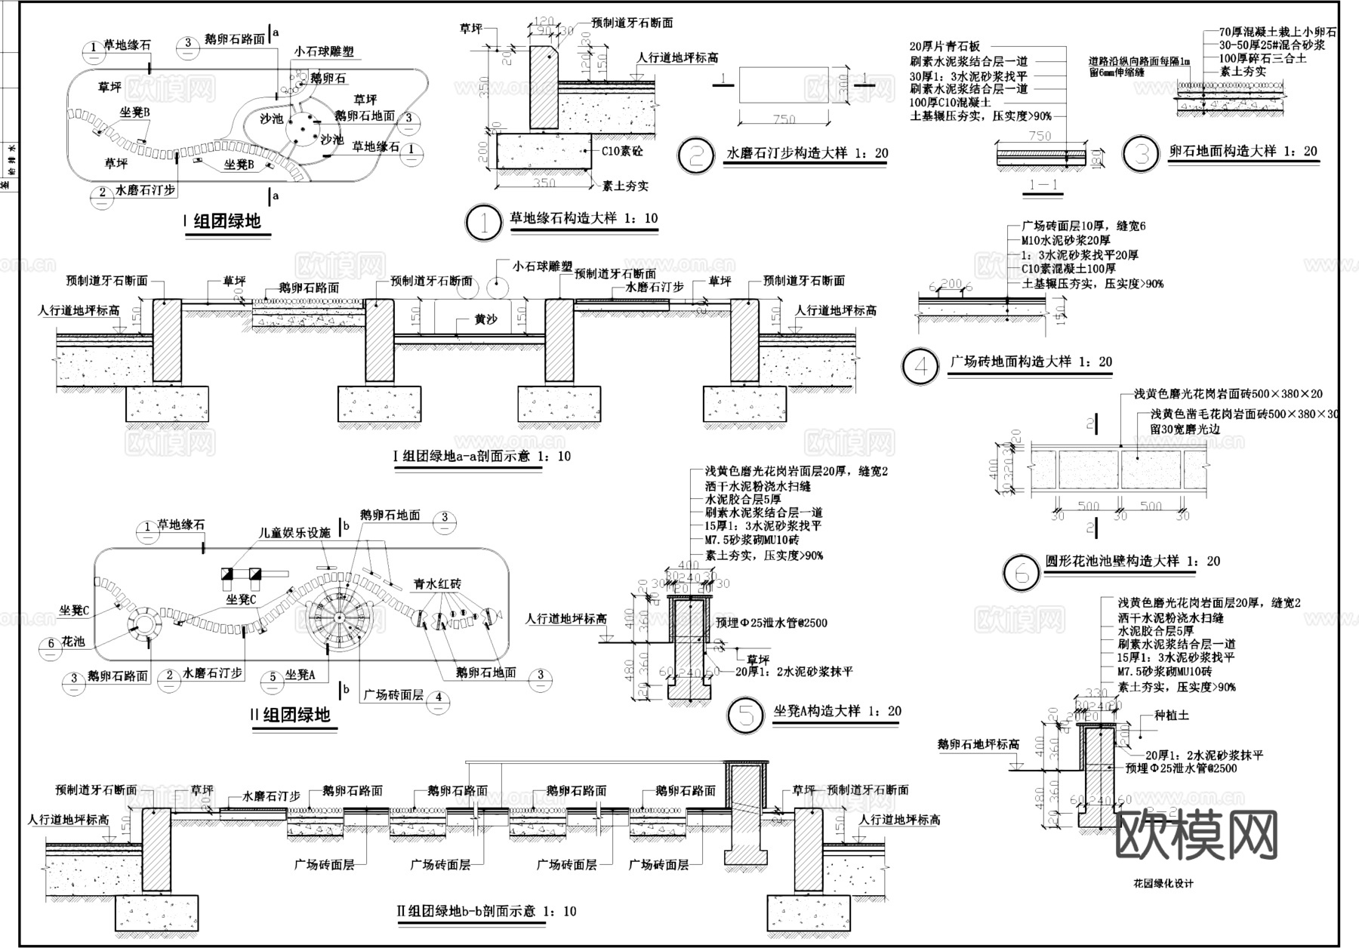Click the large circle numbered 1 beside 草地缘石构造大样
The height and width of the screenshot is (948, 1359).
coord(482,223)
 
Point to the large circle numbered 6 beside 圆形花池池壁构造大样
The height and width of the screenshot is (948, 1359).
coord(1022,572)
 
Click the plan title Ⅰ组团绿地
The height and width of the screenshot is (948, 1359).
coord(226,220)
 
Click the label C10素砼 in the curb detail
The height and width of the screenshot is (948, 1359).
coord(623,150)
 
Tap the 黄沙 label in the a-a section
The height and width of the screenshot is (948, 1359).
coord(485,319)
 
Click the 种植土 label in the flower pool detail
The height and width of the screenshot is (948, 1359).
coord(1172,715)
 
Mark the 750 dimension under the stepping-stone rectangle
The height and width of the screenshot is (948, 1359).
coord(784,119)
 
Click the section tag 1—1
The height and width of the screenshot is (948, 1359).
coord(1043,185)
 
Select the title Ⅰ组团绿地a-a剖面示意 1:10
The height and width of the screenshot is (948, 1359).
coord(482,456)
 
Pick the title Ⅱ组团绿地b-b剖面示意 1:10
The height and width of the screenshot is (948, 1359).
coord(486,911)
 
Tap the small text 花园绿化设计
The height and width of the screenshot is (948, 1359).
coord(1163,883)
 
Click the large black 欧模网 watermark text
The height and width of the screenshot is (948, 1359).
coord(1196,836)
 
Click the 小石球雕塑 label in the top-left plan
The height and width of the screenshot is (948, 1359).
coord(323,52)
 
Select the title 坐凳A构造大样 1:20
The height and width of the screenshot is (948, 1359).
coord(837,711)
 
